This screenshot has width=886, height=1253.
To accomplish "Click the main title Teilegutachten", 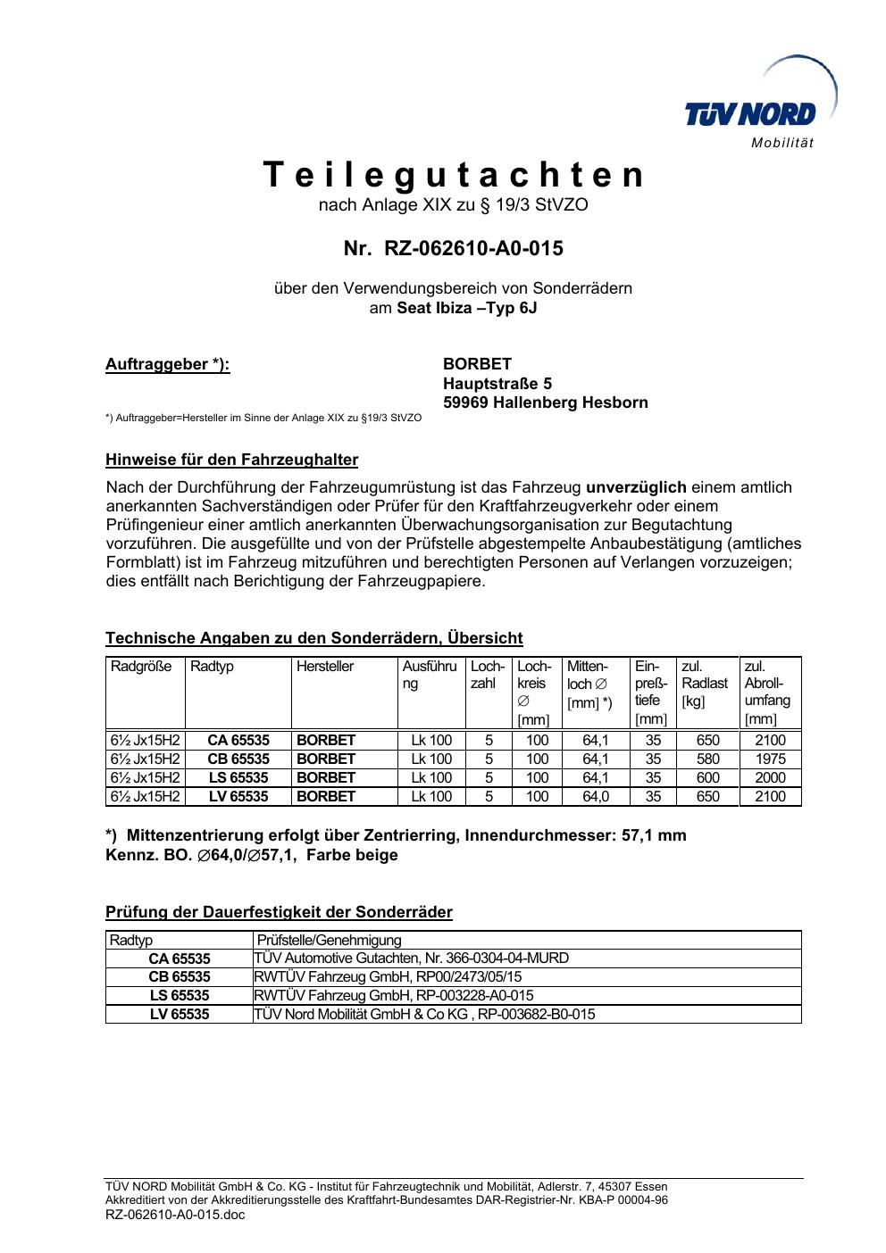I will pyautogui.click(x=454, y=175).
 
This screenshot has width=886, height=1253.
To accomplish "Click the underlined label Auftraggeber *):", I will pyautogui.click(x=168, y=364).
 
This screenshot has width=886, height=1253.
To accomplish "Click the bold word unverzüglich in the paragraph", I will pyautogui.click(x=636, y=487).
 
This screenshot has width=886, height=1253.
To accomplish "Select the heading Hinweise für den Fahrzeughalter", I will pyautogui.click(x=231, y=461).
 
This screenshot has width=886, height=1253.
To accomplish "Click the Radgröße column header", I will pyautogui.click(x=141, y=667).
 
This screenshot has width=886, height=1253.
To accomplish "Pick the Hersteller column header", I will pyautogui.click(x=325, y=667).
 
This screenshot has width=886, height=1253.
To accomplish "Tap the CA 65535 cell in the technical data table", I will pyautogui.click(x=238, y=741).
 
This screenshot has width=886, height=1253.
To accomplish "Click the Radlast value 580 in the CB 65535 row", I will pyautogui.click(x=707, y=759).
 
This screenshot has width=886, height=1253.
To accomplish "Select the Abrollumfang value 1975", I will pyautogui.click(x=770, y=759).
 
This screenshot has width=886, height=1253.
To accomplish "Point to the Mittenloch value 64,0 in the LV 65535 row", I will pyautogui.click(x=596, y=797).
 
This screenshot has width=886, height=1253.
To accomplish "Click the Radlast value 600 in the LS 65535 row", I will pyautogui.click(x=707, y=778).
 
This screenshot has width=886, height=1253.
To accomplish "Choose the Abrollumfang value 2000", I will pyautogui.click(x=770, y=778).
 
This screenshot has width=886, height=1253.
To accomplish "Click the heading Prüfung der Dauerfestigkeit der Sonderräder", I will pyautogui.click(x=279, y=912).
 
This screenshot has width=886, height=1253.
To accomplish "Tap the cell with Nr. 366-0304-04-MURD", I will pyautogui.click(x=412, y=958).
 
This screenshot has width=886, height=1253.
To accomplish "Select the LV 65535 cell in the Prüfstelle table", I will pyautogui.click(x=180, y=1015).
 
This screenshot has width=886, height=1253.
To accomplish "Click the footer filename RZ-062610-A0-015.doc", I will pyautogui.click(x=175, y=1215).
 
